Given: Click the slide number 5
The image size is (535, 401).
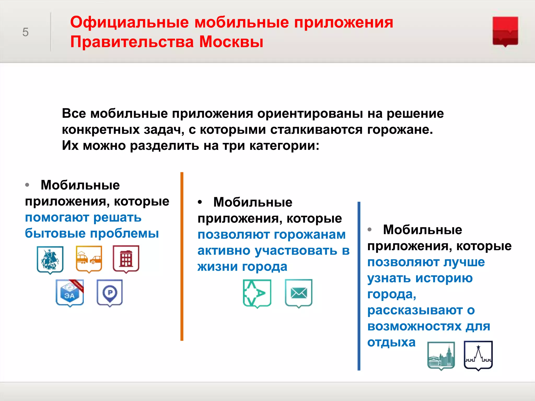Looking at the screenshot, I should (25, 32).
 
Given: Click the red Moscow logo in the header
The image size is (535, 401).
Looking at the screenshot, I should (505, 31).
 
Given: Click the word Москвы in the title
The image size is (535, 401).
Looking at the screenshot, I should (231, 42).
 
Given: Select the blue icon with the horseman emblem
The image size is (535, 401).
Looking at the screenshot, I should (50, 260).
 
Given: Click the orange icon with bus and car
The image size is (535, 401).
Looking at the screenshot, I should (89, 259).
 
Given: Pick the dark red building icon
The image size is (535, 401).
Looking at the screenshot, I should (126, 259).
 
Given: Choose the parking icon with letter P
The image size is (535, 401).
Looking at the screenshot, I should (110, 293).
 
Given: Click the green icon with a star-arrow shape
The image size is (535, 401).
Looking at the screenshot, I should (257, 293).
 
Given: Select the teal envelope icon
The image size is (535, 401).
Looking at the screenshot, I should (299, 293).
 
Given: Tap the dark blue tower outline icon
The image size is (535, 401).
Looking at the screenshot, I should (478, 355).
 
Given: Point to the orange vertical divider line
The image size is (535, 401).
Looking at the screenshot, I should (182, 256).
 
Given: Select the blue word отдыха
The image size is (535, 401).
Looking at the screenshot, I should (391, 342).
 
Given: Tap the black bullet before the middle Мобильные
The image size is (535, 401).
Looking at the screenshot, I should (200, 202).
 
